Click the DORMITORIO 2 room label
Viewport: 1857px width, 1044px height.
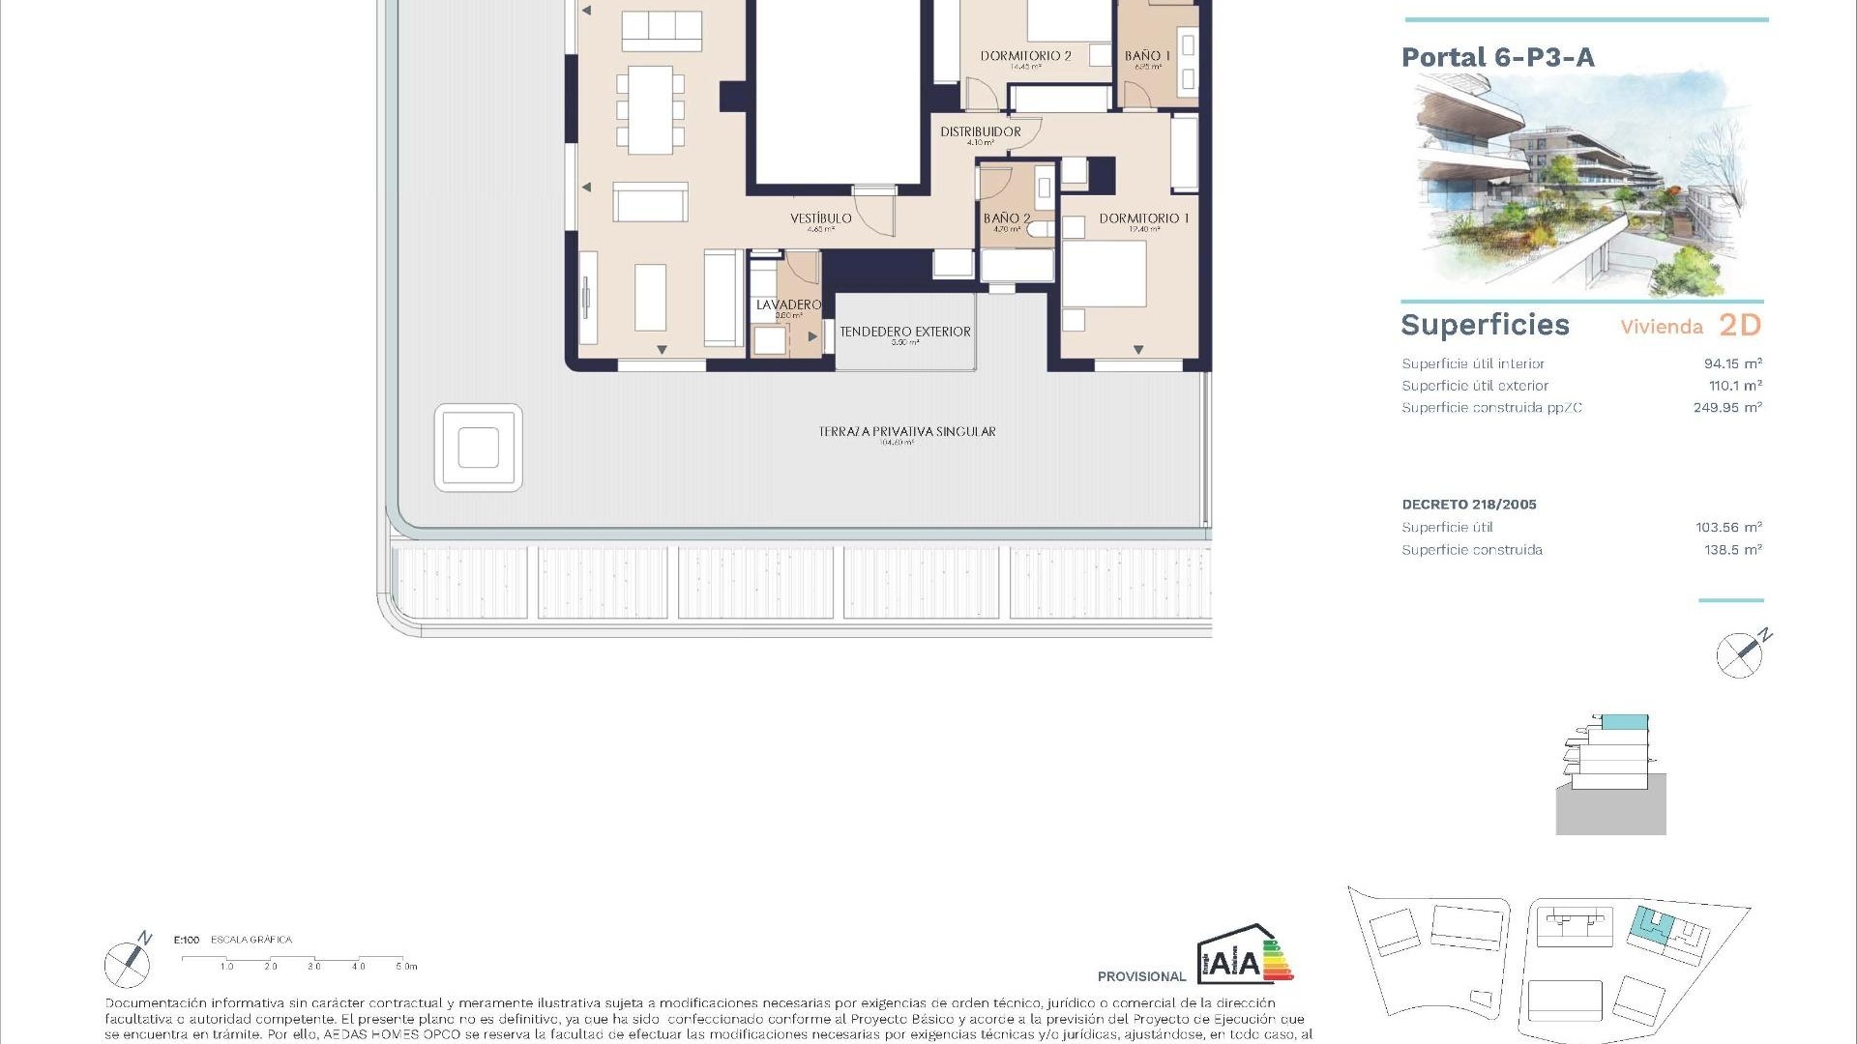pos(1025,56)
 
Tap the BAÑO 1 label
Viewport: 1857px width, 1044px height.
pos(1147,56)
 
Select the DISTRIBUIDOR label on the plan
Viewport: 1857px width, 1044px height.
pos(980,131)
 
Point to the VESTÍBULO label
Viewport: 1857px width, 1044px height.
pos(820,218)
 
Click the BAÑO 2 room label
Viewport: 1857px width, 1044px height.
pos(1006,218)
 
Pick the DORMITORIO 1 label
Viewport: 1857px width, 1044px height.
pos(1143,218)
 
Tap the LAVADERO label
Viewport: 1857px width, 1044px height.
pos(788,304)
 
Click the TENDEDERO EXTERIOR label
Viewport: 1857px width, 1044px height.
pos(904,332)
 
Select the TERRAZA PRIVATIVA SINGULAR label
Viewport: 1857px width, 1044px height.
pos(906,431)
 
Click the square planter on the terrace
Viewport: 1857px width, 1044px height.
pos(478,448)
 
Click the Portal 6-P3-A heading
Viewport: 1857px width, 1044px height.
pos(1497,57)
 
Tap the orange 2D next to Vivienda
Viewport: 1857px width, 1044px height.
pos(1739,326)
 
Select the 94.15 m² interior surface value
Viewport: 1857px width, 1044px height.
pos(1732,363)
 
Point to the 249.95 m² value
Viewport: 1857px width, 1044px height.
pos(1727,407)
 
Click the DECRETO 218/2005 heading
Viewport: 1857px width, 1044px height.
pos(1468,504)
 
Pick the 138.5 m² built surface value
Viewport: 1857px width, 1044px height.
pos(1732,549)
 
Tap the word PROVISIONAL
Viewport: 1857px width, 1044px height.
pos(1141,976)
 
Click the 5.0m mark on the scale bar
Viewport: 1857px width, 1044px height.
pos(406,966)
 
